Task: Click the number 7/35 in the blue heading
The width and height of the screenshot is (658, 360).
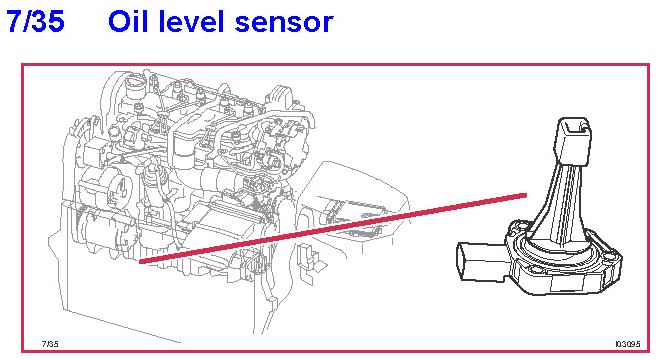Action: point(36,21)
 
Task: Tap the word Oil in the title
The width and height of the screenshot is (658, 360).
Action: point(127,21)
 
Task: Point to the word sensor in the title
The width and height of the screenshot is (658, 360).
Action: point(284,24)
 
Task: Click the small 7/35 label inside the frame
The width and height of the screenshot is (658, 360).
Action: point(50,344)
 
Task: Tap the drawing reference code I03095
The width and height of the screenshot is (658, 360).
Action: point(628,344)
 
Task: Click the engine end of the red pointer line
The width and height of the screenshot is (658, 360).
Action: point(140,262)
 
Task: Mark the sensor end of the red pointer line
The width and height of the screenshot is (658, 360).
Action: point(525,195)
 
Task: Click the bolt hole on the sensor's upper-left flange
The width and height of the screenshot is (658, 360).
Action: point(519,227)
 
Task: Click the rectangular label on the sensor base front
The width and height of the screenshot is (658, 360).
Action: point(566,284)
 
